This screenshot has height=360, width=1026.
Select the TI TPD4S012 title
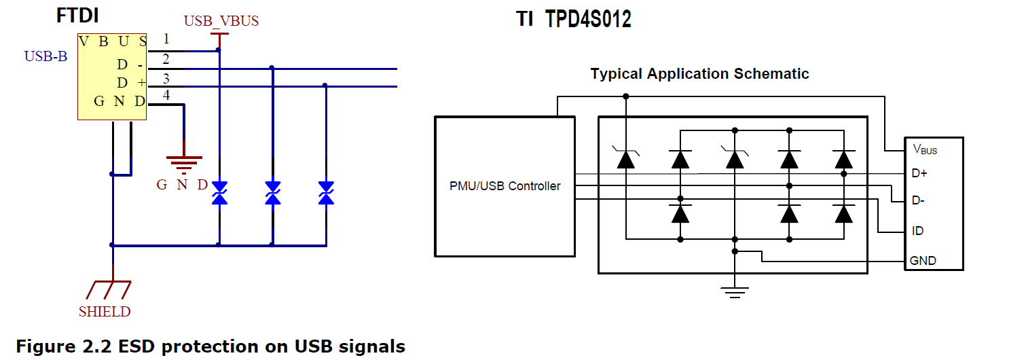[x=574, y=20]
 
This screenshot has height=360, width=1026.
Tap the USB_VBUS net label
[x=221, y=21]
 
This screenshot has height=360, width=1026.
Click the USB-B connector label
[x=45, y=56]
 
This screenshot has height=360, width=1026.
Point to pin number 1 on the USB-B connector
[x=166, y=39]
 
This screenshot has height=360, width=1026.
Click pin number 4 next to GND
[x=166, y=95]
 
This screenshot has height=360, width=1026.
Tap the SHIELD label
[x=104, y=312]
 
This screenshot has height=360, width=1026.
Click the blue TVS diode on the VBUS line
[x=219, y=192]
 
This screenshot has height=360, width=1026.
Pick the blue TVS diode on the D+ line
[x=326, y=192]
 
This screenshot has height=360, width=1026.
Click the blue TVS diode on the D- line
[x=272, y=192]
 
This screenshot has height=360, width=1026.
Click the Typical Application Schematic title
[x=699, y=73]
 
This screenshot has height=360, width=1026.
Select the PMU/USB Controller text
[x=505, y=185]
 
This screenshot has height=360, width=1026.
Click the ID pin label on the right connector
[x=917, y=231]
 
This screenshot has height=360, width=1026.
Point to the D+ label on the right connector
[x=919, y=173]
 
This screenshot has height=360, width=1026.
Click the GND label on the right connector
[x=923, y=260]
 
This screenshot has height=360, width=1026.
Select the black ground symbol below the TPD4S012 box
[x=734, y=291]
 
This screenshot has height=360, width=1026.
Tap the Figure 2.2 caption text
[x=210, y=346]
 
